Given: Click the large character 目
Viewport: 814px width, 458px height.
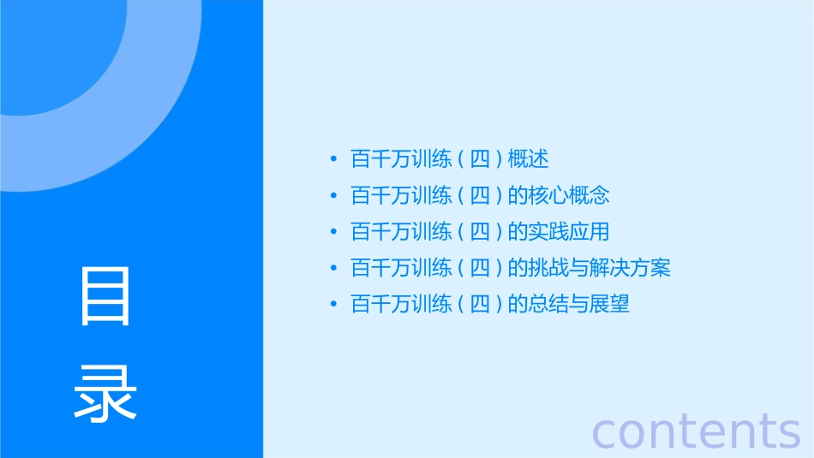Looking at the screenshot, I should coord(105,296).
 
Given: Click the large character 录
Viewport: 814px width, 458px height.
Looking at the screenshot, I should coord(105,393).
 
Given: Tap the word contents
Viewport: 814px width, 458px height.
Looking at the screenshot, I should coord(696,431).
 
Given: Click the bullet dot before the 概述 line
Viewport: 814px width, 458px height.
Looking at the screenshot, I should coord(332,159).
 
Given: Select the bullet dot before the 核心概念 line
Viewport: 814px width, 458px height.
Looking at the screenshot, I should coord(332,196).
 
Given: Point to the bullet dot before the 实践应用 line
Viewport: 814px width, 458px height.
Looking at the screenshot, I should coord(332,232).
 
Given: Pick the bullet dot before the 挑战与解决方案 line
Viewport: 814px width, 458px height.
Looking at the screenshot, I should coord(332,269).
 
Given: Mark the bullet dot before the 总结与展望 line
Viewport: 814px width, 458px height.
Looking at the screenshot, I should coord(332,305).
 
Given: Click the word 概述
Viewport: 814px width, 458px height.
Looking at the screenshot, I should coord(528,159).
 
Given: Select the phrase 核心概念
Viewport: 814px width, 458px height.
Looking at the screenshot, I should coord(569,196).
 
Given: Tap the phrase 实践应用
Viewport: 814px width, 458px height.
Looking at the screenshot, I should coord(569,232).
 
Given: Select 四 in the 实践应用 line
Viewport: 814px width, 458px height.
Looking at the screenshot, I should coord(479,232).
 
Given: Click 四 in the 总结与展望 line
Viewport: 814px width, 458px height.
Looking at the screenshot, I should coord(479,305).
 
